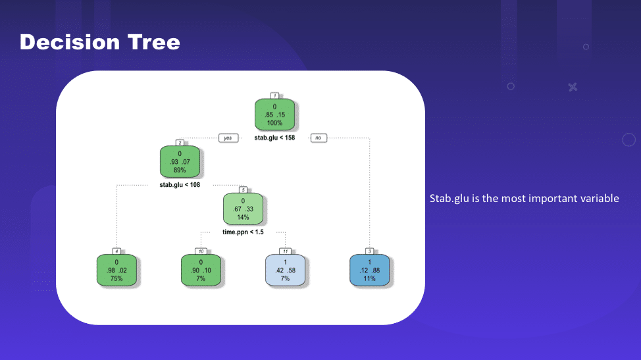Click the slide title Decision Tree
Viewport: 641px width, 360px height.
[x=100, y=42]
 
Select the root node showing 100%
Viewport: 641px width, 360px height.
[x=274, y=115]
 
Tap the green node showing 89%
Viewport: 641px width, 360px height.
[x=180, y=161]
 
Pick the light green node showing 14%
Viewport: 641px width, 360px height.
[x=244, y=209]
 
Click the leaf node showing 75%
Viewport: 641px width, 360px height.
[x=116, y=270]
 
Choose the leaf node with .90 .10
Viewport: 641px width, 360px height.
[x=201, y=270]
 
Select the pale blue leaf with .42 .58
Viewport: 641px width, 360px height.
[x=286, y=270]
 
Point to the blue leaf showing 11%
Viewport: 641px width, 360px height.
[x=370, y=270]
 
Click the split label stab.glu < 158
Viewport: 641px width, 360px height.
[x=274, y=138]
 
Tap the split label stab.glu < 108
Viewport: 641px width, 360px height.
[x=180, y=185]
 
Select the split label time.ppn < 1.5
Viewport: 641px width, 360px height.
[x=244, y=232]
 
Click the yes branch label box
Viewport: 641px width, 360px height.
[x=228, y=138]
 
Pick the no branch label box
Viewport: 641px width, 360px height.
[x=319, y=138]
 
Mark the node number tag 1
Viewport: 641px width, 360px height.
[x=274, y=95]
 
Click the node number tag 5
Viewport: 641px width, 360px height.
[x=244, y=190]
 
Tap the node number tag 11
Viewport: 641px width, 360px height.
[x=286, y=251]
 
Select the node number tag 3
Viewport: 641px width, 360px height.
[x=370, y=251]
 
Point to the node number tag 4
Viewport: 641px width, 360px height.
[x=116, y=251]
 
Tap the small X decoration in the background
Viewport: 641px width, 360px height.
[x=573, y=87]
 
